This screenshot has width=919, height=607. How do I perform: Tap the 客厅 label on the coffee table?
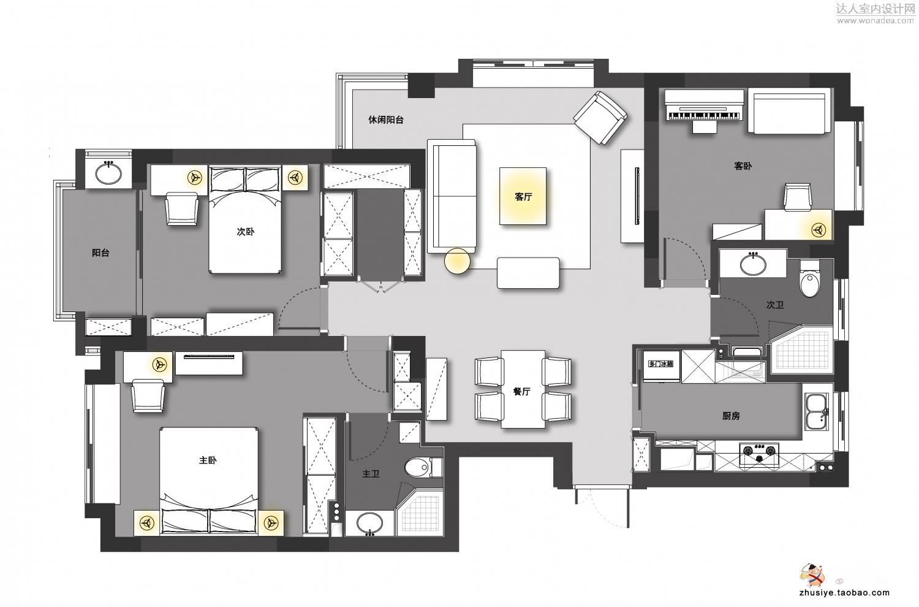(523, 197)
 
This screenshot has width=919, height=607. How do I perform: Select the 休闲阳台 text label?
(385, 120)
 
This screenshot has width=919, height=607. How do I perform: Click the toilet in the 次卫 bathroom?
(809, 279)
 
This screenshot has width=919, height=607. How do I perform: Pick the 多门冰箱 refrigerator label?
(660, 364)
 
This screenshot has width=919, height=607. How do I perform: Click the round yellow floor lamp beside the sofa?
(457, 261)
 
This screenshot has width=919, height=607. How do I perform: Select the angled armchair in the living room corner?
(600, 118)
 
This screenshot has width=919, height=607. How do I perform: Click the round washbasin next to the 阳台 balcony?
(108, 173)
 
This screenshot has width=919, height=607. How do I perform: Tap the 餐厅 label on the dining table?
(522, 391)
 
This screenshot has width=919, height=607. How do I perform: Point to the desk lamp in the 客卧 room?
(819, 230)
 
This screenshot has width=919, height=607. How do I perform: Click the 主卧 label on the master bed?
(208, 460)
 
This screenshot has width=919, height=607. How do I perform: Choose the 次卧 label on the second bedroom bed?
(245, 232)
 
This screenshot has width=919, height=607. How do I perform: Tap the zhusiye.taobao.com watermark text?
(845, 592)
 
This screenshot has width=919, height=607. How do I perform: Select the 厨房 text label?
(731, 416)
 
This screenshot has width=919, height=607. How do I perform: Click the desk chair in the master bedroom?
(148, 395)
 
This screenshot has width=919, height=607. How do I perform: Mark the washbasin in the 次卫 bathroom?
(753, 264)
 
